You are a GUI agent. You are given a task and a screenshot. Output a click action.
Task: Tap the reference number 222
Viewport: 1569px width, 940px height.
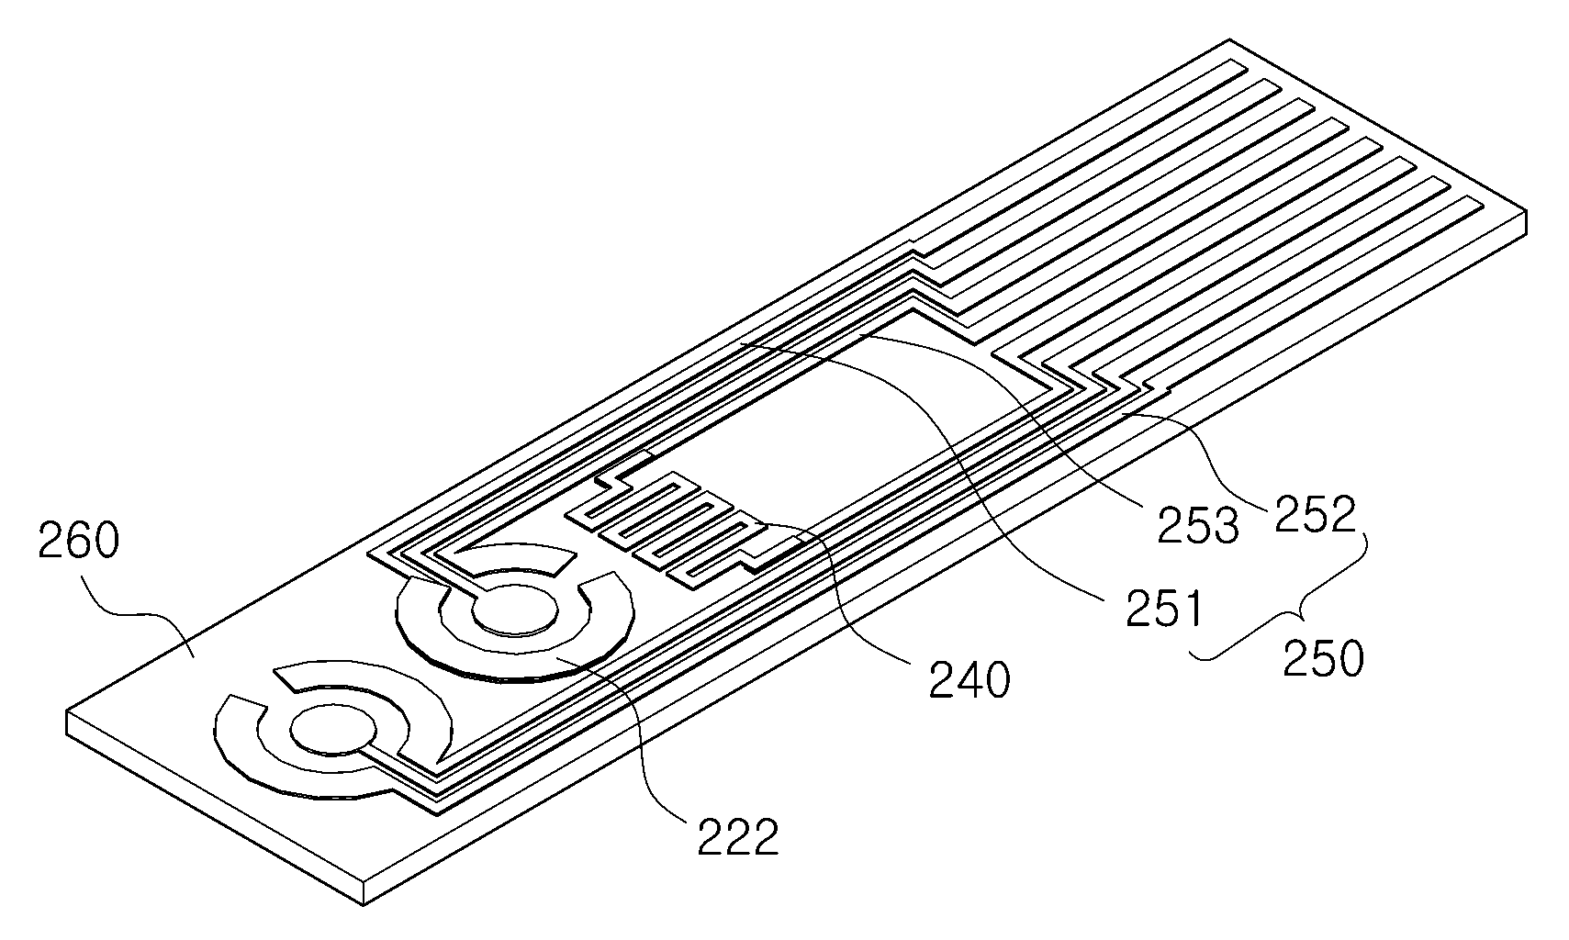738,836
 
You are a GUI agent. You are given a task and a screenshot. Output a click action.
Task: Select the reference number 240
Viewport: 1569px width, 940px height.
969,679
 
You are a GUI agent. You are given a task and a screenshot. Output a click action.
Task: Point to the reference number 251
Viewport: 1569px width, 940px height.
1164,609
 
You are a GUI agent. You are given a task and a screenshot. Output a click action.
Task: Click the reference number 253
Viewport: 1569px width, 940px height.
1198,525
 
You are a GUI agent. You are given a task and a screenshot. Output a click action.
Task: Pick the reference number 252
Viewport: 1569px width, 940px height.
1315,515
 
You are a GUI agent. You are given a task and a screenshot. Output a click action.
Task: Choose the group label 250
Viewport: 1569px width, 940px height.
1323,658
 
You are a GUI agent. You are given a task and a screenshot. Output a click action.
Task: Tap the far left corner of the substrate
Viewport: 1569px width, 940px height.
67,711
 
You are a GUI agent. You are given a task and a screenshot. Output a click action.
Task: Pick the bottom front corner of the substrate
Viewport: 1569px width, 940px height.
364,905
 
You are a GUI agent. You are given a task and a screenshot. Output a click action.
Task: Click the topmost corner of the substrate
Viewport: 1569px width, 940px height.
1229,39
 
